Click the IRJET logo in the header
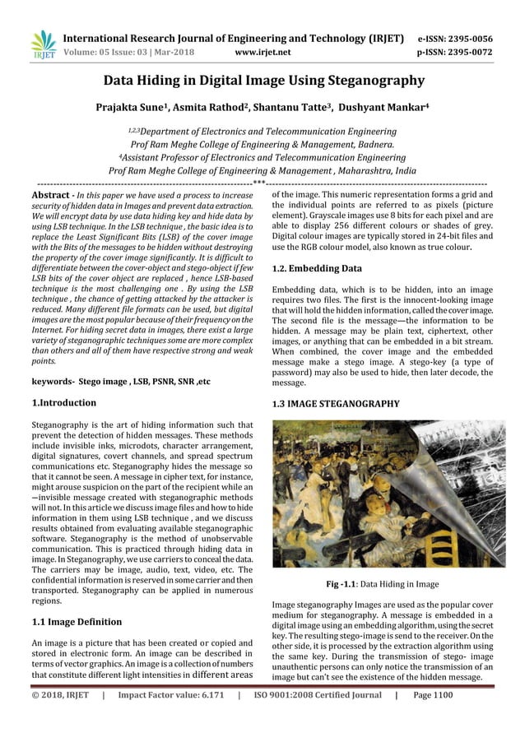pos(42,44)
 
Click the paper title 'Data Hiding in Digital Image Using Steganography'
pos(263,81)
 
